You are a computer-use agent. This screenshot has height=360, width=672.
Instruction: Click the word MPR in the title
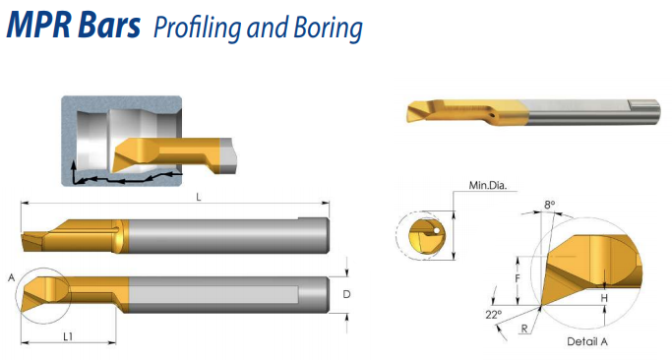tap(38, 25)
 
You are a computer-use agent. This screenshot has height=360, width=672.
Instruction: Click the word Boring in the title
tap(328, 29)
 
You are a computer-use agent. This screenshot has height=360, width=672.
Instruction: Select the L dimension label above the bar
tap(199, 197)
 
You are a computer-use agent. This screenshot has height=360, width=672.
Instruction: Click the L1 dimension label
tap(68, 336)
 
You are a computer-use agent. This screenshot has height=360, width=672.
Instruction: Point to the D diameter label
tap(346, 294)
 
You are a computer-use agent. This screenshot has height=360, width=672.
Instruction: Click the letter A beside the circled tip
tap(12, 278)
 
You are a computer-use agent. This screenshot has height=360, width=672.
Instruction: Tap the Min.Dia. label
tap(488, 186)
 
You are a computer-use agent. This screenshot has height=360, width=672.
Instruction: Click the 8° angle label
tap(549, 205)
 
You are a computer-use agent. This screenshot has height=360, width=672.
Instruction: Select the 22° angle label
tap(493, 315)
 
